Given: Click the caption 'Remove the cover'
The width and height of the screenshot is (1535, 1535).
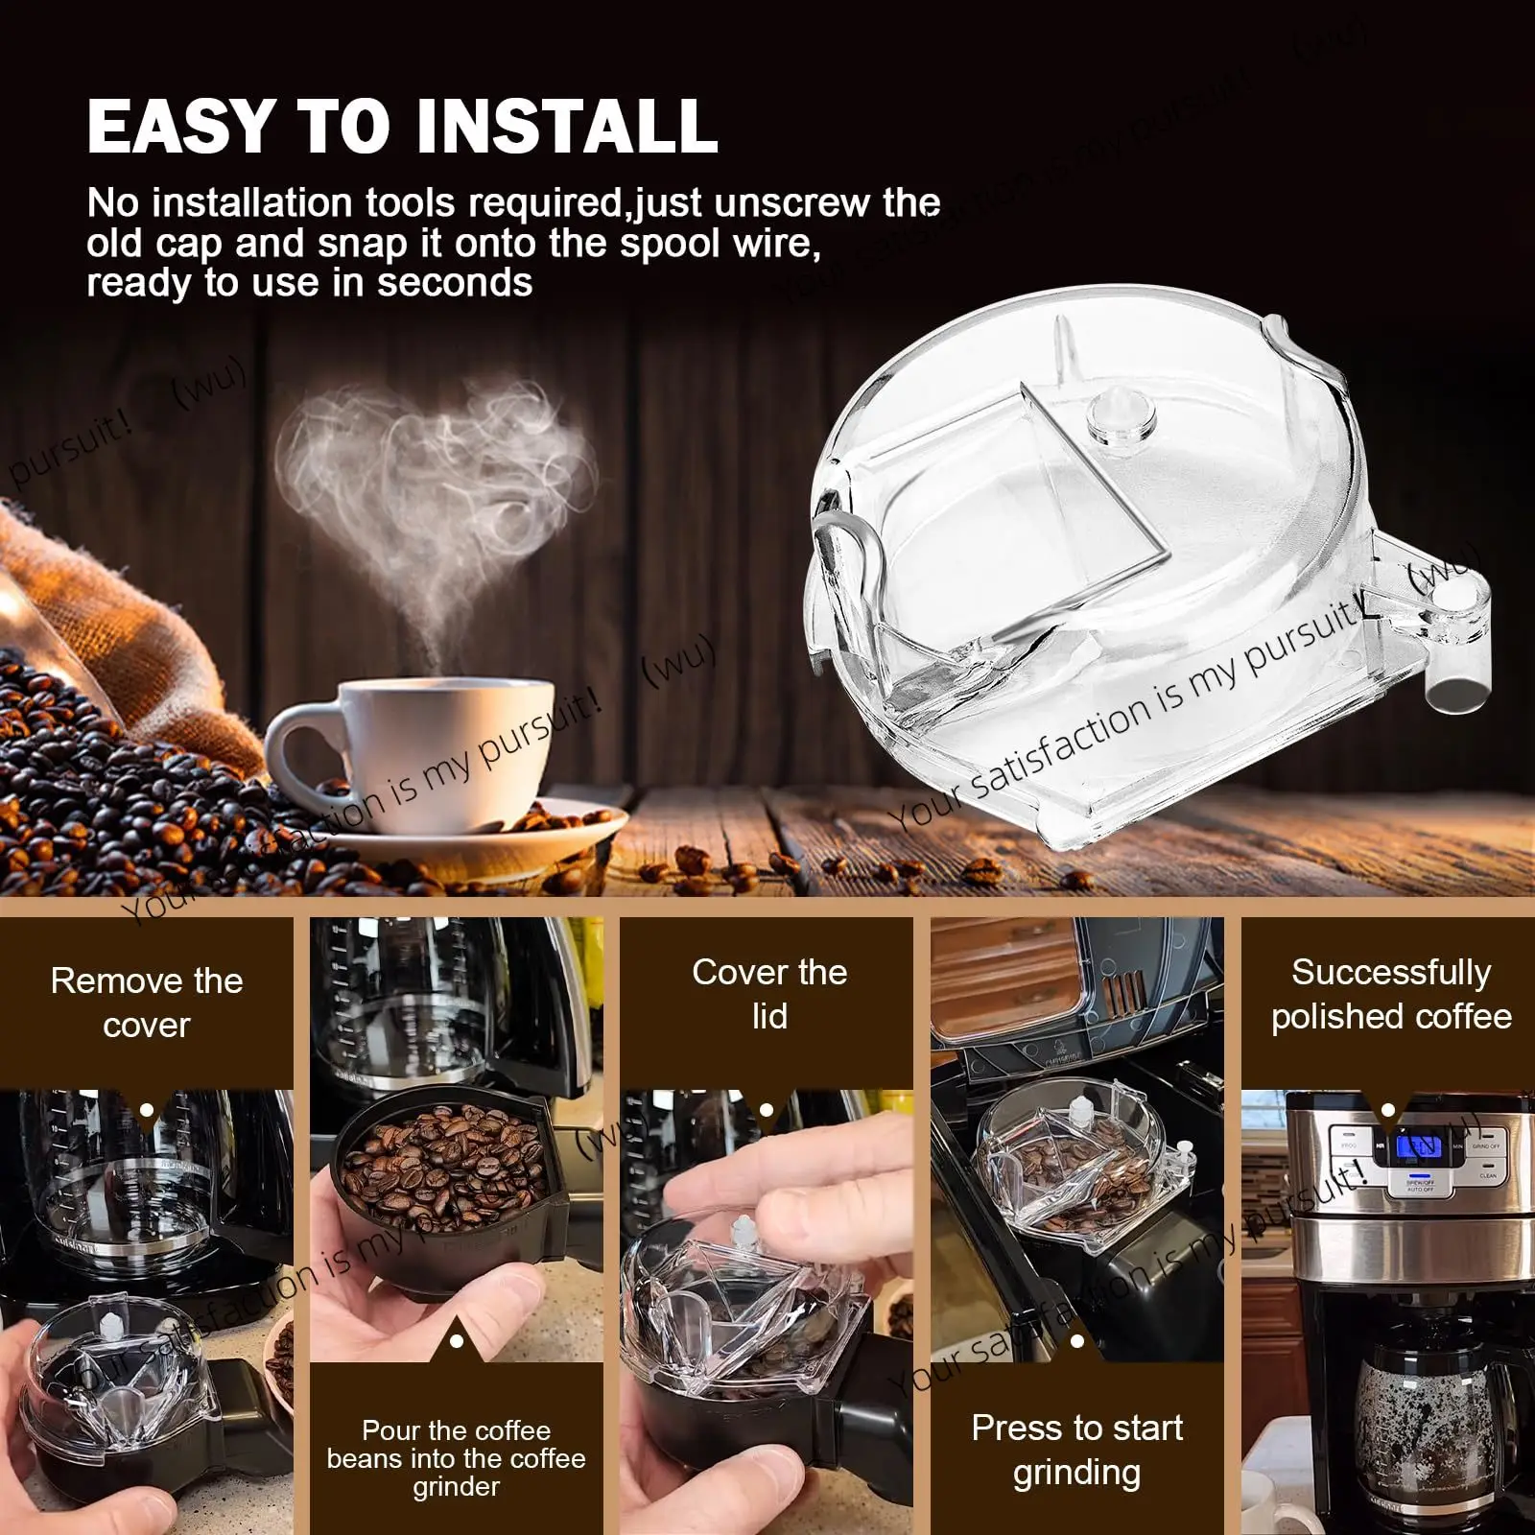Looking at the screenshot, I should [147, 1003].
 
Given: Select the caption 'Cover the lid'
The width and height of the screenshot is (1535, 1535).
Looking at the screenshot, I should [769, 994].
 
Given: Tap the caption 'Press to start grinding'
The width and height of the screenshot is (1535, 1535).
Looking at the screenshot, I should [1076, 1450].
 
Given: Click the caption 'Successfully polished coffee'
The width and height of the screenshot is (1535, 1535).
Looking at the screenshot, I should [1390, 994].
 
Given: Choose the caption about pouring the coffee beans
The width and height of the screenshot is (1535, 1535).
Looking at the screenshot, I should [456, 1458].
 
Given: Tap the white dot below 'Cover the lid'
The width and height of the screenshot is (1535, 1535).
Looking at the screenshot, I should [766, 1110].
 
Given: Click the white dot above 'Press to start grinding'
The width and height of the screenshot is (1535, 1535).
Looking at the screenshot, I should [1076, 1341].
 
